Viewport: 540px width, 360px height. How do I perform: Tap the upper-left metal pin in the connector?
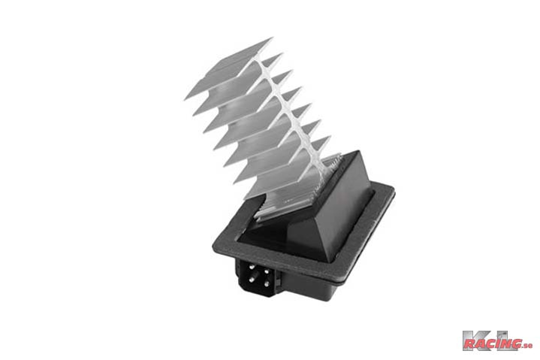coord(252,267)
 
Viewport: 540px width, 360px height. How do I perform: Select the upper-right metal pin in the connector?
coord(266,271)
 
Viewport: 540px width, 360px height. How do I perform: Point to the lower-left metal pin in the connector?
coord(253,277)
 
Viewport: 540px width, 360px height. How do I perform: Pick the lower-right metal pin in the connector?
coord(266,283)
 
